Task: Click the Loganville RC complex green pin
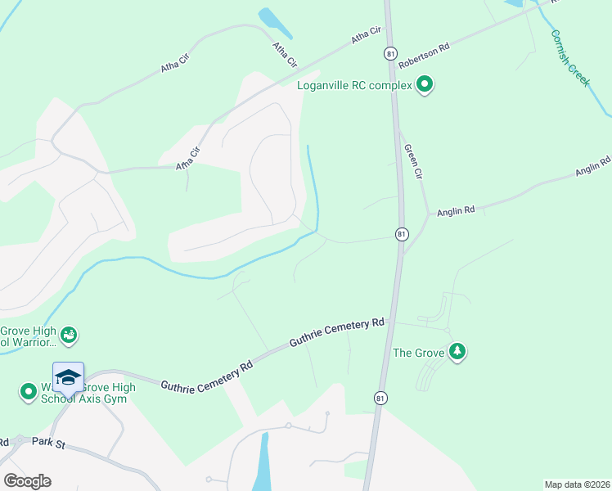coord(425,84)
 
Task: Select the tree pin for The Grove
coord(457,352)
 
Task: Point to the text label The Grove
coord(418,353)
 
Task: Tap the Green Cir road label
coord(413,162)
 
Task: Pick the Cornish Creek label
coord(570,58)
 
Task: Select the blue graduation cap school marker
coord(68,378)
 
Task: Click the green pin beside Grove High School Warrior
coord(70,334)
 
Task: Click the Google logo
coord(27,481)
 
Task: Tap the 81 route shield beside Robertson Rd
coord(390,53)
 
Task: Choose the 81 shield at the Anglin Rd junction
coord(401,234)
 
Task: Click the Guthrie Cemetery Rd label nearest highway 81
coord(338,333)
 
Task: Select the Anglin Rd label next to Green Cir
coord(456,210)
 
